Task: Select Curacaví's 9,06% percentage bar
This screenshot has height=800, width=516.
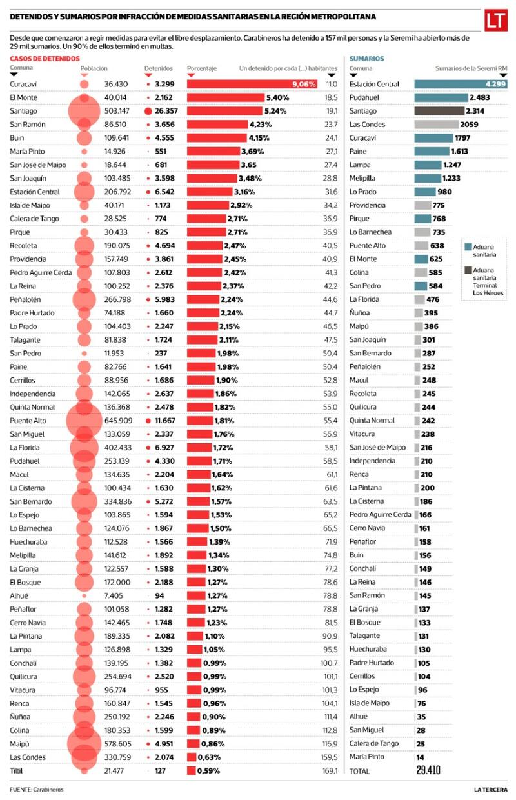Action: tap(252, 84)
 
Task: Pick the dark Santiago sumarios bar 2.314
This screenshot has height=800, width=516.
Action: tap(441, 111)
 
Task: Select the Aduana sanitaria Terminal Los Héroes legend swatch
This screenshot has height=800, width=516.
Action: tap(468, 270)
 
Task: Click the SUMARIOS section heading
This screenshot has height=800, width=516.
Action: tap(366, 59)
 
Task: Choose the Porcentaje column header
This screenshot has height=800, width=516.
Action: tap(201, 68)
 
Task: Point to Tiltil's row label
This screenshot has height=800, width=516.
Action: tap(17, 770)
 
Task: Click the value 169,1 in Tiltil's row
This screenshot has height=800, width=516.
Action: tap(330, 770)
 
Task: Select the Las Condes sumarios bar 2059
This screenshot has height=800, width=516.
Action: tap(436, 125)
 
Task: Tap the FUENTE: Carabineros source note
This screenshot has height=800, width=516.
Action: tap(36, 790)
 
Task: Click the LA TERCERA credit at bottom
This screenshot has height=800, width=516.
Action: tap(490, 790)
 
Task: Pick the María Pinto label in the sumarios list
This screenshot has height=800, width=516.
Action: tap(366, 757)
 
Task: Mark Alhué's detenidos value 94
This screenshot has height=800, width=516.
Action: tap(159, 595)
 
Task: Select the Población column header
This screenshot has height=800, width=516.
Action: tap(94, 68)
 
